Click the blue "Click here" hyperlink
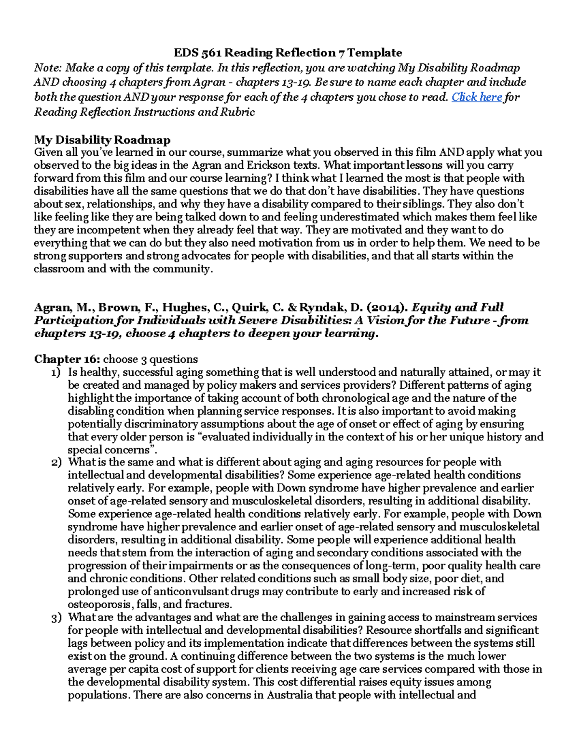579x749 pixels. tap(477, 97)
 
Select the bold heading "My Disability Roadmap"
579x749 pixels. tap(102, 140)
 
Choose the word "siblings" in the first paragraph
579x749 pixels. tap(424, 204)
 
